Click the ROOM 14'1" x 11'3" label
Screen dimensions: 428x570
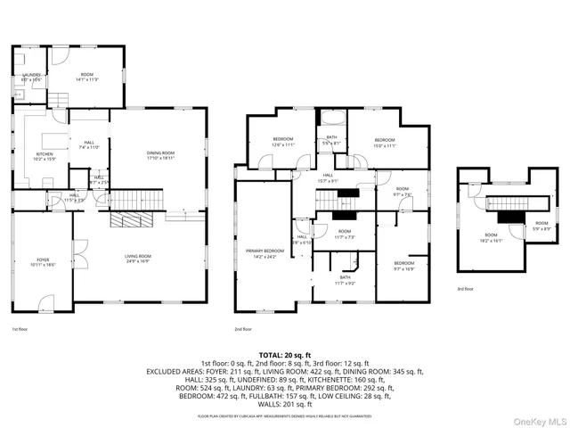click(x=87, y=77)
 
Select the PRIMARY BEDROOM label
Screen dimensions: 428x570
click(x=265, y=253)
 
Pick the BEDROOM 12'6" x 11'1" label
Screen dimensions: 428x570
click(x=283, y=142)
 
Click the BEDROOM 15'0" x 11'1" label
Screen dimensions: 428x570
click(x=385, y=142)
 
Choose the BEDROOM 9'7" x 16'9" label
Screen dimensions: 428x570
click(x=404, y=265)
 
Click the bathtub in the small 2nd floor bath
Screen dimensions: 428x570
click(x=330, y=118)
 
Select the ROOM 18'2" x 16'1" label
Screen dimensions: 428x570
click(x=491, y=237)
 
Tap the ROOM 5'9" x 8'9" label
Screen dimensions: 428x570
click(x=541, y=226)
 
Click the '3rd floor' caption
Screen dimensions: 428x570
click(x=465, y=289)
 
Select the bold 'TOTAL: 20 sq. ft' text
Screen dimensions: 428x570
click(x=285, y=354)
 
